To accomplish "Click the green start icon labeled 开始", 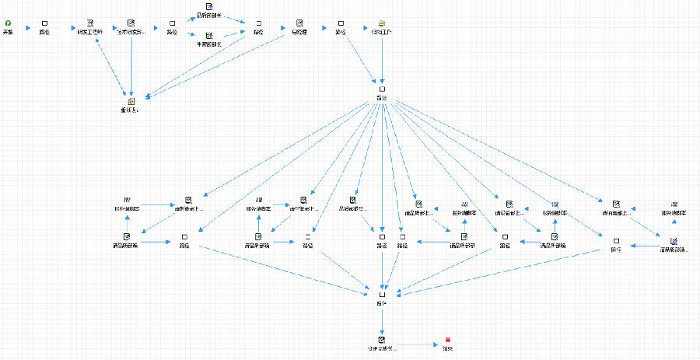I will pos(8,23).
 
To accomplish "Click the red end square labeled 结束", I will pos(448,340).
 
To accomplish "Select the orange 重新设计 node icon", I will pos(131,101).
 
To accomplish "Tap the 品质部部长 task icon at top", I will pos(209,8).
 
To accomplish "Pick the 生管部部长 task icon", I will pos(209,35).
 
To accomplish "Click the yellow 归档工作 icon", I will pos(382,23).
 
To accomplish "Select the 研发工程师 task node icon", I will pos(90,23).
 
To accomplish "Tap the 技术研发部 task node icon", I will pos(131,23).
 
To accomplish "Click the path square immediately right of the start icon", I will pos(44,23).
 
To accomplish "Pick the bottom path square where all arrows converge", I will pos(381,295).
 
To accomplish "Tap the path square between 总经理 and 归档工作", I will pos(341,23).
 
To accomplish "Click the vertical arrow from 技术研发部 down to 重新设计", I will pos(131,66).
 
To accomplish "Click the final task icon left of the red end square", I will pos(381,340).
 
